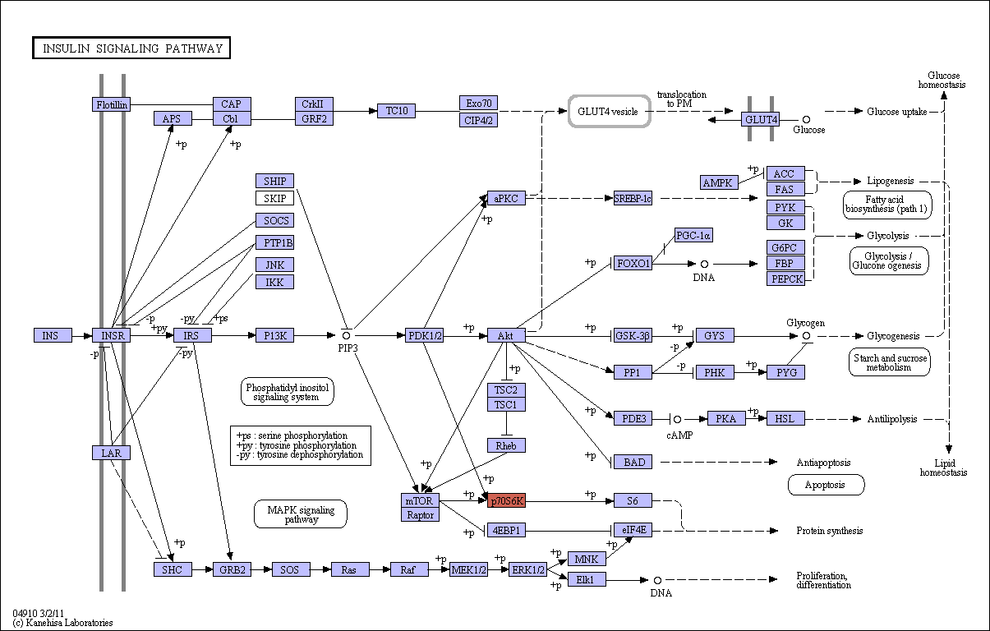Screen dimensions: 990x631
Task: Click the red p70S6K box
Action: click(506, 500)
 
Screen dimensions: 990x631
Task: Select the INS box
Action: click(53, 335)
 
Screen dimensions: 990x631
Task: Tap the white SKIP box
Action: click(274, 198)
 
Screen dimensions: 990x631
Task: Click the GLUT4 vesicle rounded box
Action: click(609, 112)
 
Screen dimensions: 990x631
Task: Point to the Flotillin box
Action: click(112, 104)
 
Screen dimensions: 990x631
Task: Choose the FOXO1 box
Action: click(633, 264)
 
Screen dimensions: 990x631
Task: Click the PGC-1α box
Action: click(693, 235)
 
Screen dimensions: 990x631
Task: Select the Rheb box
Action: click(506, 445)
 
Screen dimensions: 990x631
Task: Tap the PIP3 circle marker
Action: click(346, 336)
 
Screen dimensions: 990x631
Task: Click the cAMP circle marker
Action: click(677, 419)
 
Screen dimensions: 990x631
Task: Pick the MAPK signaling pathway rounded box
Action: click(301, 514)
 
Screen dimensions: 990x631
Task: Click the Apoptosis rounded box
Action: click(826, 485)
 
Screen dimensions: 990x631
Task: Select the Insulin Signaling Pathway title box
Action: click(131, 48)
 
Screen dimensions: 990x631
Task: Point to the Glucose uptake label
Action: click(896, 112)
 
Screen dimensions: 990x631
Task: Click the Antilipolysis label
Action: click(892, 419)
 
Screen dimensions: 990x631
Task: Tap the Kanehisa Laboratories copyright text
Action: click(62, 623)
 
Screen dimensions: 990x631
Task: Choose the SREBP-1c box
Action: click(633, 198)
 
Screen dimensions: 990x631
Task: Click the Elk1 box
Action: click(587, 579)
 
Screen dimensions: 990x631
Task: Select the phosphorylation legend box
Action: click(301, 445)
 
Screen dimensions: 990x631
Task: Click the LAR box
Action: click(112, 453)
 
